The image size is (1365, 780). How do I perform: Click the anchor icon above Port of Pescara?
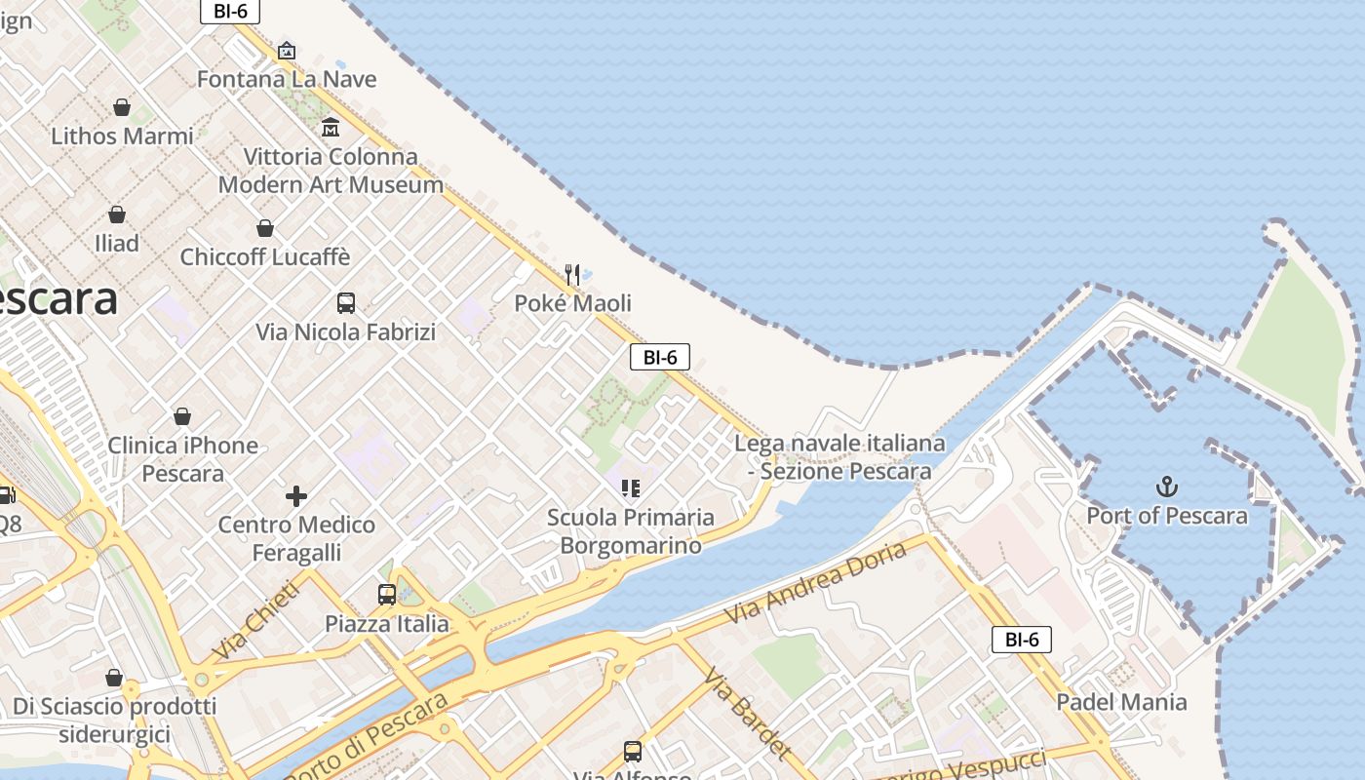click(1167, 487)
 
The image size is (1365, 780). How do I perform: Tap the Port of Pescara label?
click(1167, 516)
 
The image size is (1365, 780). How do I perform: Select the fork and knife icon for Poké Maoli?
click(572, 275)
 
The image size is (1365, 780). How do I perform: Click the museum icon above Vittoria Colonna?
click(330, 128)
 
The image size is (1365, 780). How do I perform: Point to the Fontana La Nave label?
click(287, 79)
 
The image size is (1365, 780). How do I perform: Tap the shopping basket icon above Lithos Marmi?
click(122, 107)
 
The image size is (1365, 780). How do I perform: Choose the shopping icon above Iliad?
click(117, 214)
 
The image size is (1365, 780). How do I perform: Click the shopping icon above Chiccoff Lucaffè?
click(264, 228)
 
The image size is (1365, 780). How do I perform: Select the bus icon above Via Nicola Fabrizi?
click(345, 303)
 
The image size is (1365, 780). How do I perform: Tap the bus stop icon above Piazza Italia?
click(387, 594)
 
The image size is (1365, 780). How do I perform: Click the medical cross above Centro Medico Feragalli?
click(296, 496)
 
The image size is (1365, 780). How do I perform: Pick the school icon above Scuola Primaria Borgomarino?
click(630, 487)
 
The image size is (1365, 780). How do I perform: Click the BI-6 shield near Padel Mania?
click(1022, 640)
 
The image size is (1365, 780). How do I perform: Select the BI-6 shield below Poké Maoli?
click(660, 357)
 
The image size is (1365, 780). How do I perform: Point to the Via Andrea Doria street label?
click(817, 584)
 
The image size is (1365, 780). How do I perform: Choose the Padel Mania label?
click(1121, 702)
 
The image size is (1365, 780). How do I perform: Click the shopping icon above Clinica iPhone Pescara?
click(182, 417)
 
